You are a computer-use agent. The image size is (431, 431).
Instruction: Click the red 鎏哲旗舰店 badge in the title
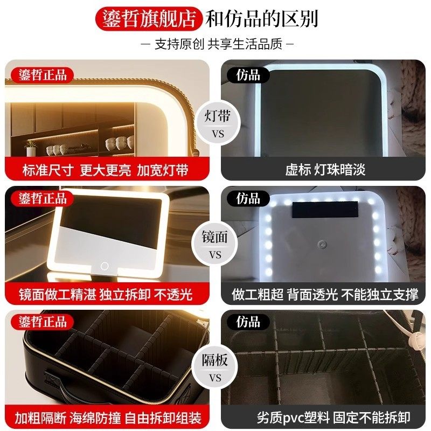point(149,19)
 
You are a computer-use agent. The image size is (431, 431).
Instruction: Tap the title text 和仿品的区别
point(262,19)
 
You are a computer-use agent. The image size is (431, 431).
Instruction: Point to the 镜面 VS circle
point(215,246)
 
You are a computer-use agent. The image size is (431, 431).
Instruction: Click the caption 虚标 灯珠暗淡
point(325,170)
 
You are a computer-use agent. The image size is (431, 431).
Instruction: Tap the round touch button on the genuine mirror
point(103,266)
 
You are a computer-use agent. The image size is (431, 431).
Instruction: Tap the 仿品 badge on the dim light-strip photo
point(248,75)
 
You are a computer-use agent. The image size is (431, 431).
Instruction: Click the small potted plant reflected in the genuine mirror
point(31,146)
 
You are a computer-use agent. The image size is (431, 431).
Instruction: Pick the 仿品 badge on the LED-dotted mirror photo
point(248,198)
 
